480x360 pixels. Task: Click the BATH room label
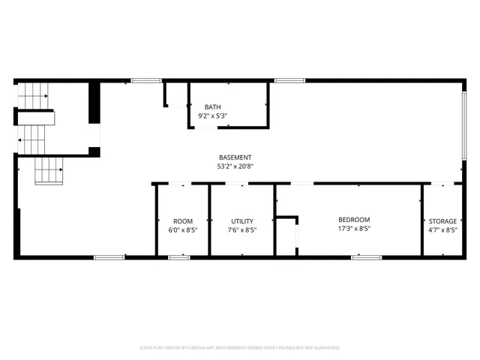(212, 107)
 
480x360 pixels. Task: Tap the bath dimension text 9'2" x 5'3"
(212, 116)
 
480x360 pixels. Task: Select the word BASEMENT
(234, 157)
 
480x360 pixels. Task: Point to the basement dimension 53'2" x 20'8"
(234, 166)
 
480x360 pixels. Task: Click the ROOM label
(183, 221)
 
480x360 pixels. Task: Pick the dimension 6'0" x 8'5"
(183, 230)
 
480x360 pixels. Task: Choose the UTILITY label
(242, 221)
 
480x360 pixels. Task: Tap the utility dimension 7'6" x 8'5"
(242, 230)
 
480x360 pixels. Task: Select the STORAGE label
(442, 221)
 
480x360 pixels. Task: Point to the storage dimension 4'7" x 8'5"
(442, 230)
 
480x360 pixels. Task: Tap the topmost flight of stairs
(33, 95)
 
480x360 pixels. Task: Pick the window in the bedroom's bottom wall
(367, 257)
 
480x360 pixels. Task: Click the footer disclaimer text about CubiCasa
(240, 347)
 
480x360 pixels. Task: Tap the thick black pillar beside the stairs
(94, 105)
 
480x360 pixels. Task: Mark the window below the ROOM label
(179, 257)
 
